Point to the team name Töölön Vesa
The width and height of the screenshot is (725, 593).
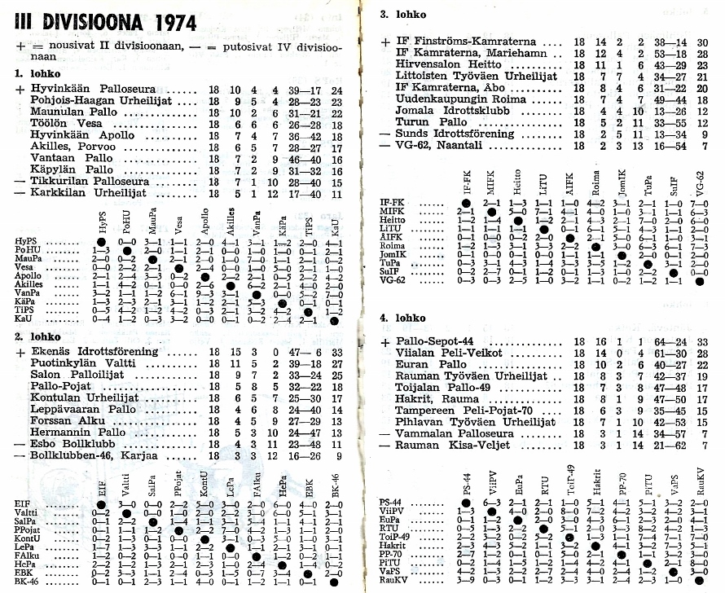tap(63, 124)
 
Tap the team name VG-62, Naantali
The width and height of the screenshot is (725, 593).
tap(442, 145)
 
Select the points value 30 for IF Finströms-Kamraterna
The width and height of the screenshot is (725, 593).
tap(701, 41)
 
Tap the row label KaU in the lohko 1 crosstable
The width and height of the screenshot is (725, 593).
tap(22, 320)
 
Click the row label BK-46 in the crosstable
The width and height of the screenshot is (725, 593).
tap(26, 582)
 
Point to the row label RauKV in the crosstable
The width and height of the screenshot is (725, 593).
tap(393, 580)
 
